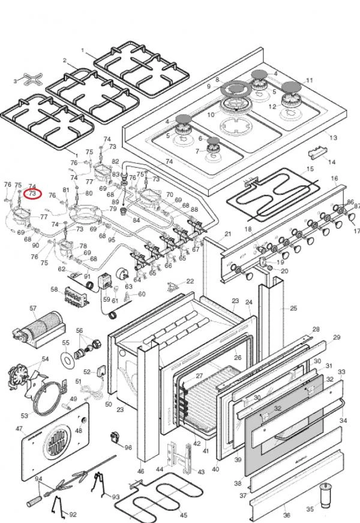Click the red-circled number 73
click(x=32, y=194)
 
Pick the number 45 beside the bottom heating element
click(x=184, y=515)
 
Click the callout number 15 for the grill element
click(x=310, y=169)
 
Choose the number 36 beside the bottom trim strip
click(x=286, y=515)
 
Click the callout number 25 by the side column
click(x=293, y=308)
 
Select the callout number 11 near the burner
click(x=310, y=80)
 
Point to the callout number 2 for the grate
click(x=64, y=60)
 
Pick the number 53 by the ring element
click(x=25, y=415)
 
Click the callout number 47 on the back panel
click(x=19, y=429)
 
